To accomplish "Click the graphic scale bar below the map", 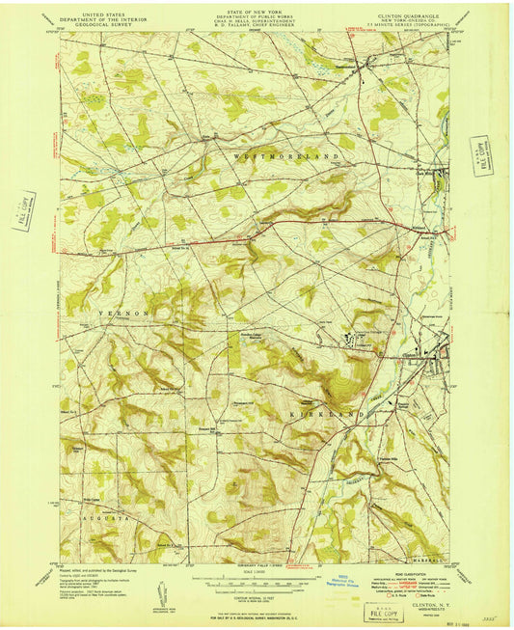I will pyautogui.click(x=256, y=585).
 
